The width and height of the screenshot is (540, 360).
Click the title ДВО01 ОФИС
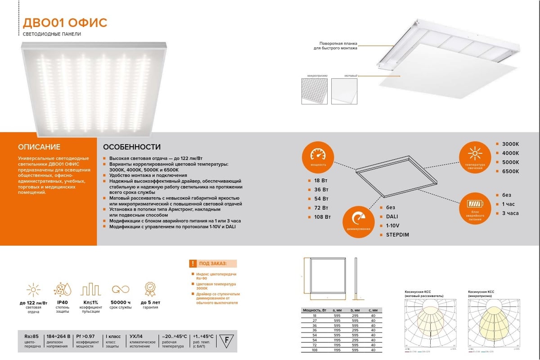(65, 23)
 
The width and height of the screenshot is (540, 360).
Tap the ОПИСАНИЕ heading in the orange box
(39, 147)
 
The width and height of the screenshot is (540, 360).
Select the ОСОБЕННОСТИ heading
(132, 147)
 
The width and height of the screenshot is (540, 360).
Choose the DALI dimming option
(391, 216)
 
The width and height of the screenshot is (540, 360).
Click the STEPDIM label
(397, 235)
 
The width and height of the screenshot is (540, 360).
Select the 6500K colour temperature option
(510, 171)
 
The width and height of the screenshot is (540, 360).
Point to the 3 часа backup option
(510, 213)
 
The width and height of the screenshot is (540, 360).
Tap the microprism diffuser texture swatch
(314, 92)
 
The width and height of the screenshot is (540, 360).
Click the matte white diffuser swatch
(344, 92)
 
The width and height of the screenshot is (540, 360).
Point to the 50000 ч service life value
(120, 302)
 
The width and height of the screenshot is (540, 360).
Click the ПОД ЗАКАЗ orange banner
(213, 264)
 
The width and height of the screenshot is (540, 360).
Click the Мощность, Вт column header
(315, 310)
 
